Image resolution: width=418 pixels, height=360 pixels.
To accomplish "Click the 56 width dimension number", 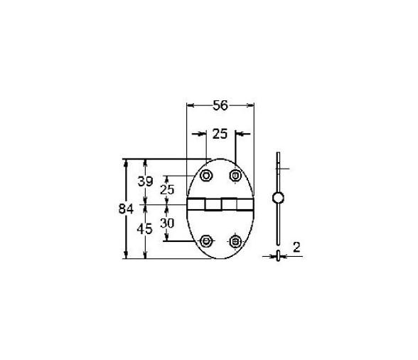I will point(220,106).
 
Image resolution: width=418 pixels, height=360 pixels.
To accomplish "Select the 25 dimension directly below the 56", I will point(220,133).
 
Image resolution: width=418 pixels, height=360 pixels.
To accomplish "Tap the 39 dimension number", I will point(145,181).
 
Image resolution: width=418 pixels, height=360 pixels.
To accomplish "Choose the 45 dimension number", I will point(145,229).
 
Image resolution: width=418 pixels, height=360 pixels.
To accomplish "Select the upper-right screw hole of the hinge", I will point(235,175).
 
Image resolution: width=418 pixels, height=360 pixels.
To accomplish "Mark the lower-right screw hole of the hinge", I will point(235,240).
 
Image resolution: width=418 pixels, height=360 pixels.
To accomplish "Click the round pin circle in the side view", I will point(278,197).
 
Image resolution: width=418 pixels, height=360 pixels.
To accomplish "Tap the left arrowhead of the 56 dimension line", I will point(190,105).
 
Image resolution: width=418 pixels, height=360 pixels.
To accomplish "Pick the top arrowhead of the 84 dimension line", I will point(127,162).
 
